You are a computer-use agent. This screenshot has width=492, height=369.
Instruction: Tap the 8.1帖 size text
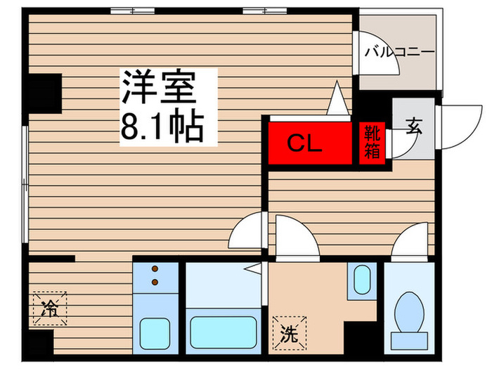point(161,127)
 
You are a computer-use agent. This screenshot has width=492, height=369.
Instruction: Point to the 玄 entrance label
point(413,128)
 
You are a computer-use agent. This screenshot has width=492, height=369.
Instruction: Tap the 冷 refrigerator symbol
point(49,307)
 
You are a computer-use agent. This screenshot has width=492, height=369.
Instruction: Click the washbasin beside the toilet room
point(361,279)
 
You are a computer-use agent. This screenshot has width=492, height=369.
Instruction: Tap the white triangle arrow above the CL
point(338,98)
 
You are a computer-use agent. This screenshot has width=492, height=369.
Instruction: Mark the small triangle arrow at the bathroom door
point(254,268)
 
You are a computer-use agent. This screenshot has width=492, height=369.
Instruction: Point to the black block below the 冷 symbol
point(41,344)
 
